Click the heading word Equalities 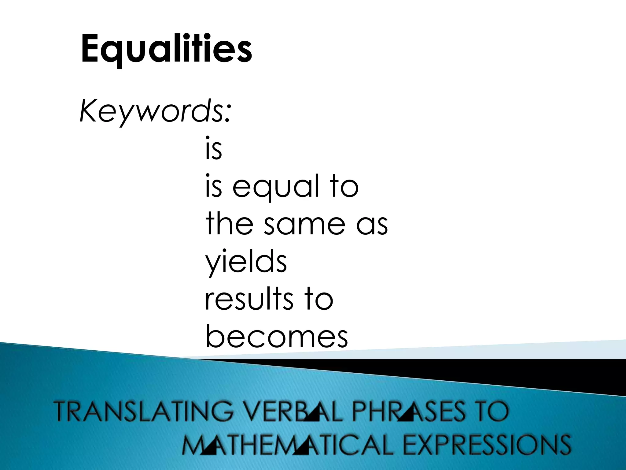167,49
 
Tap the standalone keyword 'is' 213,150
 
